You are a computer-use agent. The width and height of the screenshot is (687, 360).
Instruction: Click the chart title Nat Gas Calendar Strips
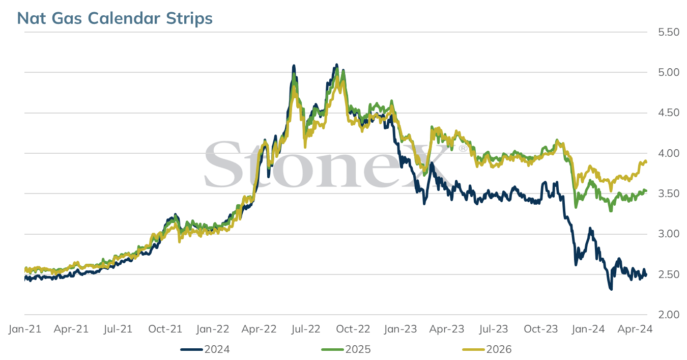click(114, 18)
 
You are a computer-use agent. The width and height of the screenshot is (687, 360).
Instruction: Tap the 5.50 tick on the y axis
click(669, 32)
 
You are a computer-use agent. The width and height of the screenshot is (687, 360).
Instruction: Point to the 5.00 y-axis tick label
click(669, 72)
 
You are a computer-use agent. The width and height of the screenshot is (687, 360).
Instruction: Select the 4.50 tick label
click(669, 113)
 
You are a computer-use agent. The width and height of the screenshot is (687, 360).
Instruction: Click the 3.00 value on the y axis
click(669, 234)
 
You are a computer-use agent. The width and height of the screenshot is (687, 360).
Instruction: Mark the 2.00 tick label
click(669, 315)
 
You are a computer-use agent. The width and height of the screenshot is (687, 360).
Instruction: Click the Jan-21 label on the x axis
click(25, 329)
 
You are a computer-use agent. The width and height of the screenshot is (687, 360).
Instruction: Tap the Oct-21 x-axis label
click(165, 329)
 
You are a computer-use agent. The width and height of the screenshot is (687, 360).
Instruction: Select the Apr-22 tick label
click(259, 329)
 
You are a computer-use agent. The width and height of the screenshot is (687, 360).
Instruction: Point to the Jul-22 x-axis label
click(306, 329)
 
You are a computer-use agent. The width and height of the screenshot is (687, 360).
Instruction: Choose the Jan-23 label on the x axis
click(400, 329)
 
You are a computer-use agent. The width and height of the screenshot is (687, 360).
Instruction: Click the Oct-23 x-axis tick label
click(541, 329)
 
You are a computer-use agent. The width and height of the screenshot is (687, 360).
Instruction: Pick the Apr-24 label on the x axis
click(635, 329)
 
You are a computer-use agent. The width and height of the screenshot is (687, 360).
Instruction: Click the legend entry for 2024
click(205, 349)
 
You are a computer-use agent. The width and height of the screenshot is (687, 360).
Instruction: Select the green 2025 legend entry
click(346, 349)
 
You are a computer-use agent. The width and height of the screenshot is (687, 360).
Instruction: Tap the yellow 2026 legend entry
click(487, 349)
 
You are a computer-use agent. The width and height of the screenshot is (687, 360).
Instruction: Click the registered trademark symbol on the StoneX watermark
click(463, 149)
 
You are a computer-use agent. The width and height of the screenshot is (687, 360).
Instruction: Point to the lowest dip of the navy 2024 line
click(611, 289)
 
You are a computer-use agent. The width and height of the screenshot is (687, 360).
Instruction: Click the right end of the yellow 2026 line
click(646, 162)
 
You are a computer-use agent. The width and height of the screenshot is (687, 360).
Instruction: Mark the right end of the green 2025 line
click(646, 191)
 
